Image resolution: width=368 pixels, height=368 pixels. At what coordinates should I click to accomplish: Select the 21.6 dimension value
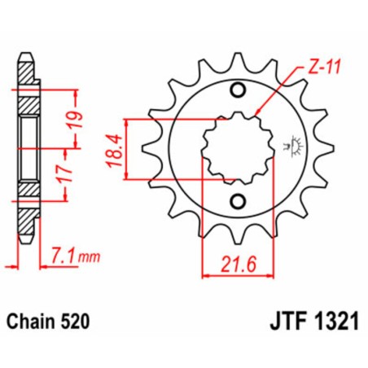pos(239,263)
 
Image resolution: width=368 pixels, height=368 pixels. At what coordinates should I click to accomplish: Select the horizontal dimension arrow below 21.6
pos(238,277)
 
